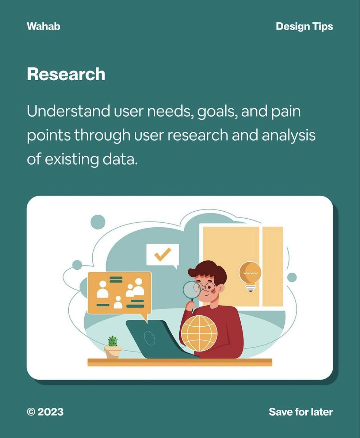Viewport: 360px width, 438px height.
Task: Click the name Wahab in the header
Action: coord(43,27)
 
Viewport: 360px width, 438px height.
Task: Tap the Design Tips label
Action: coord(304,27)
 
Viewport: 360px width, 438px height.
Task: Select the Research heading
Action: coord(66,74)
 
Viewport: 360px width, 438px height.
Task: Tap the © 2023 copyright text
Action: coord(45,412)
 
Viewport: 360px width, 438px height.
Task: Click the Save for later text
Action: coord(301,412)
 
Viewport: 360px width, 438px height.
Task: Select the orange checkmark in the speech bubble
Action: coord(162,254)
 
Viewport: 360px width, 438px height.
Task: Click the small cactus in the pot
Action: coord(113,341)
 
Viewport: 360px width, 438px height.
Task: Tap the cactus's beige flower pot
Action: coord(113,352)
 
